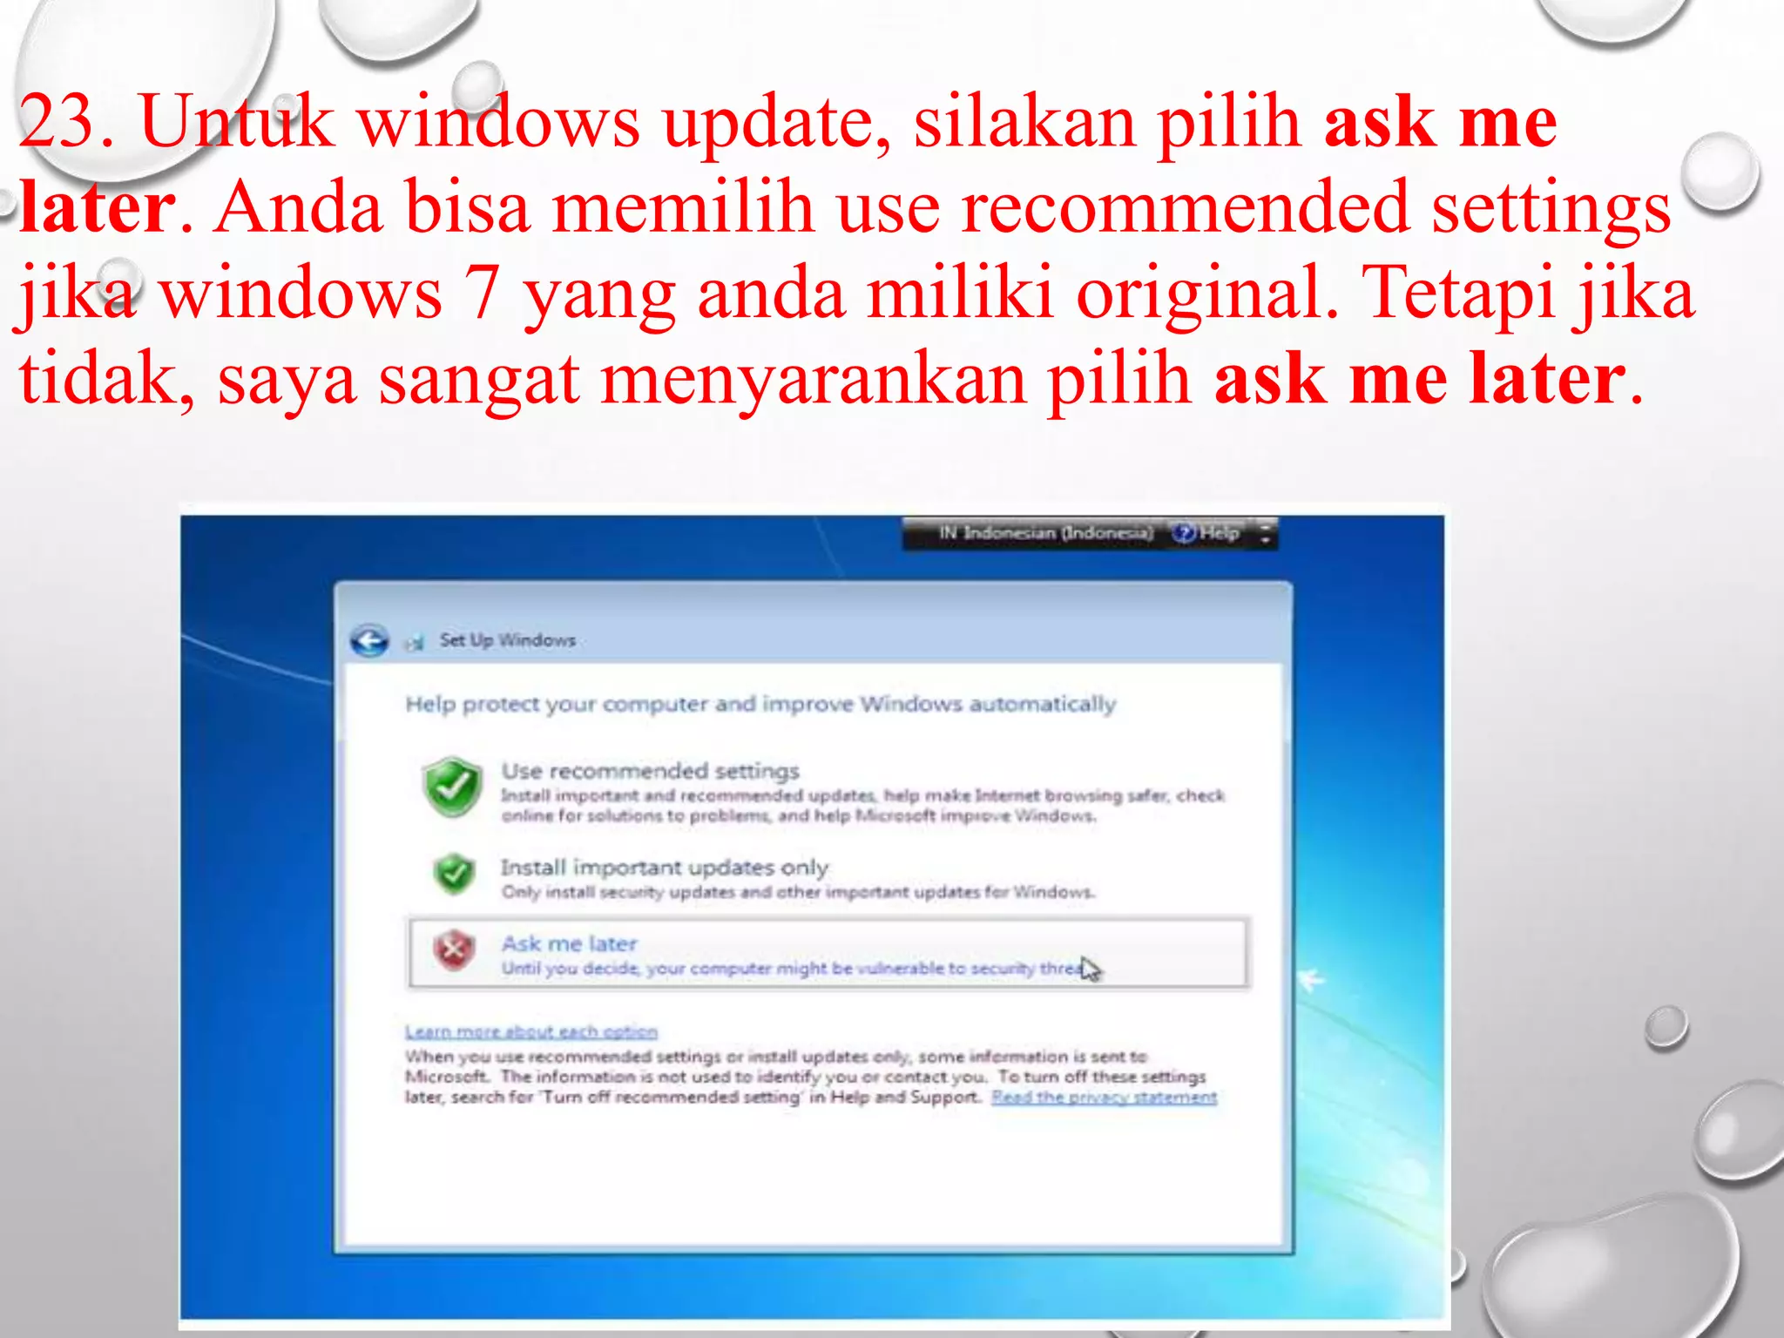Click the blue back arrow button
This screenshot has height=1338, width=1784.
pos(369,642)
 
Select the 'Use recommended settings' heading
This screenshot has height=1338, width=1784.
pos(650,772)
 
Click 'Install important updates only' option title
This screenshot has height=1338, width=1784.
pos(664,868)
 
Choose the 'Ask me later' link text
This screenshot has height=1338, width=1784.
pos(569,943)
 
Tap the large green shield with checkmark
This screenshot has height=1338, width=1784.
pos(451,787)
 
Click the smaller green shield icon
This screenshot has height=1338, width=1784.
pos(454,874)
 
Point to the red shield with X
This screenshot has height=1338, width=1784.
pos(454,950)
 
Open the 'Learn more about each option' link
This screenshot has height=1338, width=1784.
pos(530,1032)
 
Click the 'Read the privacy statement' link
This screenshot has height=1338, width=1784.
pos(1104,1098)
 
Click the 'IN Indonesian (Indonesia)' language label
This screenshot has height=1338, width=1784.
pos(1044,532)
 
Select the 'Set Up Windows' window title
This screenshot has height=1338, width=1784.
pos(507,640)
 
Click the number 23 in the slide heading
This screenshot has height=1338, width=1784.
pos(57,122)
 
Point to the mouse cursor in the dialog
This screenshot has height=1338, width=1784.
pos(1090,968)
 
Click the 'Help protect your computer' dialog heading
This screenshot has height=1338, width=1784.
pos(760,704)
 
